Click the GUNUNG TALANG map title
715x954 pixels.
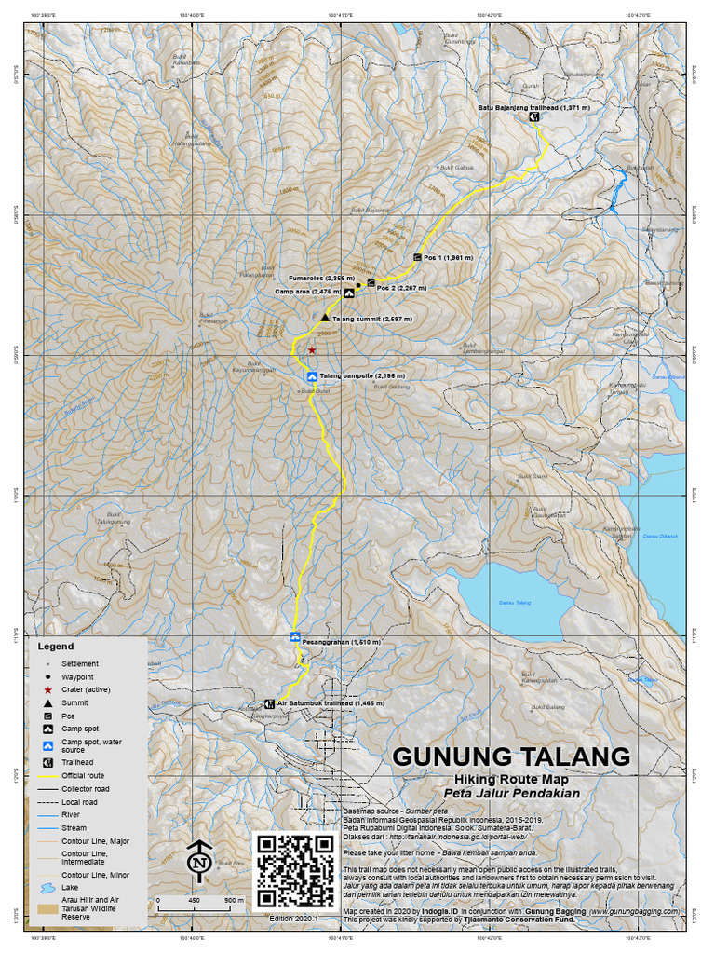(510, 756)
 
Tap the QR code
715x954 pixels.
(295, 870)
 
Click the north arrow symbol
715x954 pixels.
(197, 861)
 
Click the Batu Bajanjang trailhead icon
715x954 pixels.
(534, 118)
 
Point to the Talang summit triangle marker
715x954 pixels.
(325, 318)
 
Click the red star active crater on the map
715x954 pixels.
(312, 350)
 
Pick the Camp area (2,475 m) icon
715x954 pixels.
(349, 293)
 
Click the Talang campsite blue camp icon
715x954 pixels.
(312, 376)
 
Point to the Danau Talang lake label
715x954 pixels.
(515, 604)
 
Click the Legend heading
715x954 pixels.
(55, 646)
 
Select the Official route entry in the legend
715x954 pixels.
(83, 774)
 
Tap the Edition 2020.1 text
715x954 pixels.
(294, 918)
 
